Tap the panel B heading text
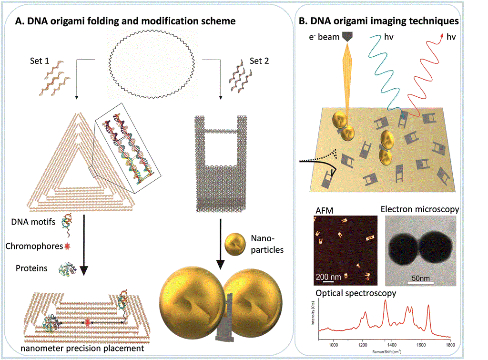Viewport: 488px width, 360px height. (378, 21)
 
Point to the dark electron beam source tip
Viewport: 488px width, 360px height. (346, 37)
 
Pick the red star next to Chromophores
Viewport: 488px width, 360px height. (67, 247)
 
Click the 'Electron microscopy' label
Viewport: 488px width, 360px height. (420, 209)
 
